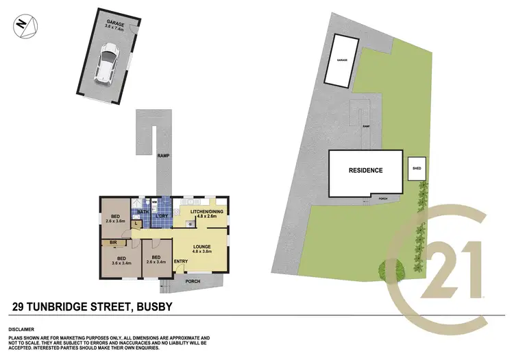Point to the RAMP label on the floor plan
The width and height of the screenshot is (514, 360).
pyautogui.click(x=162, y=156)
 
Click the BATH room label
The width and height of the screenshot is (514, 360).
pyautogui.click(x=142, y=213)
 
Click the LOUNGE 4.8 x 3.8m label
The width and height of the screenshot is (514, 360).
pyautogui.click(x=201, y=248)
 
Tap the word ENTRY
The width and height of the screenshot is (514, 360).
pyautogui.click(x=181, y=261)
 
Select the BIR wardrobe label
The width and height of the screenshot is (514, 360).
pyautogui.click(x=112, y=243)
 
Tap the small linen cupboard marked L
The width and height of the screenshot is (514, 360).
pyautogui.click(x=140, y=224)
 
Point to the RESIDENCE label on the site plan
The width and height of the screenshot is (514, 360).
pyautogui.click(x=365, y=171)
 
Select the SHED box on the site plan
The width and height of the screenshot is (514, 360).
pyautogui.click(x=416, y=168)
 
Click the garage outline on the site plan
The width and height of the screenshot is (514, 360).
pyautogui.click(x=343, y=60)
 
